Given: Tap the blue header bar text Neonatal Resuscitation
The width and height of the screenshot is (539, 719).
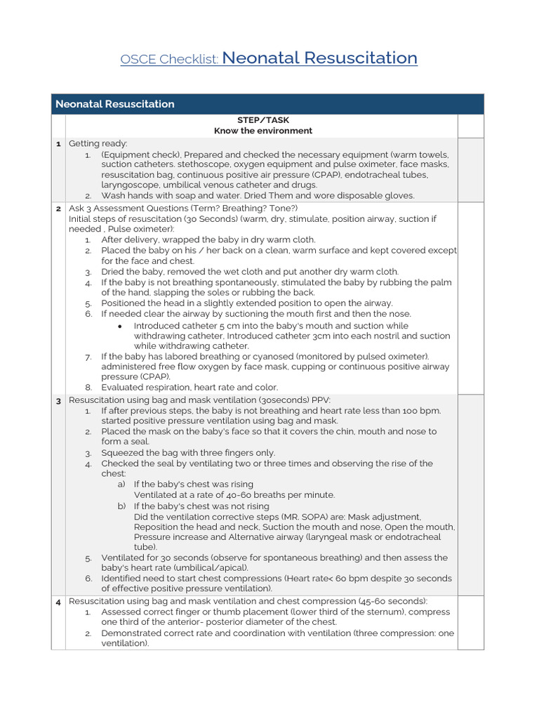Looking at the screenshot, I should click(x=115, y=104).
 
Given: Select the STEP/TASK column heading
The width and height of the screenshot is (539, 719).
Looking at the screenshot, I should click(x=263, y=120).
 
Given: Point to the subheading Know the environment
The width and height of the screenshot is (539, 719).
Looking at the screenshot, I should click(x=263, y=131).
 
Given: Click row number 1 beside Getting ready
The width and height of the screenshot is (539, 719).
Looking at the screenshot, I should click(x=58, y=144).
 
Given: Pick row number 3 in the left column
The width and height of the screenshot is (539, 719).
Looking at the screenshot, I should click(x=58, y=400).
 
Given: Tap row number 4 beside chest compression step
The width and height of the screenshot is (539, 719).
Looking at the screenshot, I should click(x=58, y=602).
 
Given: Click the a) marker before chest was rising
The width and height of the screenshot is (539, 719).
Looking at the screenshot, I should click(x=121, y=484).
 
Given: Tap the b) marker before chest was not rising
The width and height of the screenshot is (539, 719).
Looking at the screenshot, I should click(x=121, y=506).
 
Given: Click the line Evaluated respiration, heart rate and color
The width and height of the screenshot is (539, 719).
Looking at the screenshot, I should click(x=189, y=388).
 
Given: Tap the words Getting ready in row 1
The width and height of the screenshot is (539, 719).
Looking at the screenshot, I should click(x=98, y=144).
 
